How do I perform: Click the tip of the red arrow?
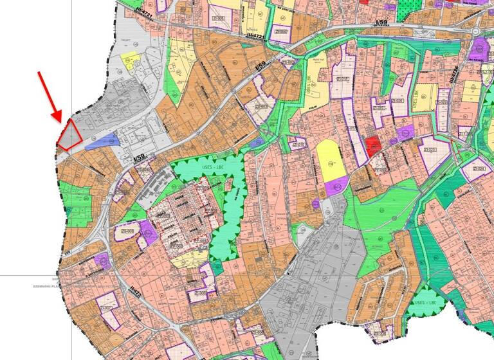pyautogui.click(x=61, y=122)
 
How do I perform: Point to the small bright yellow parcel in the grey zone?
pyautogui.click(x=130, y=60)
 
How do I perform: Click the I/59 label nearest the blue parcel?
pyautogui.click(x=138, y=158)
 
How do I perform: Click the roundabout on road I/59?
pyautogui.click(x=475, y=32)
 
